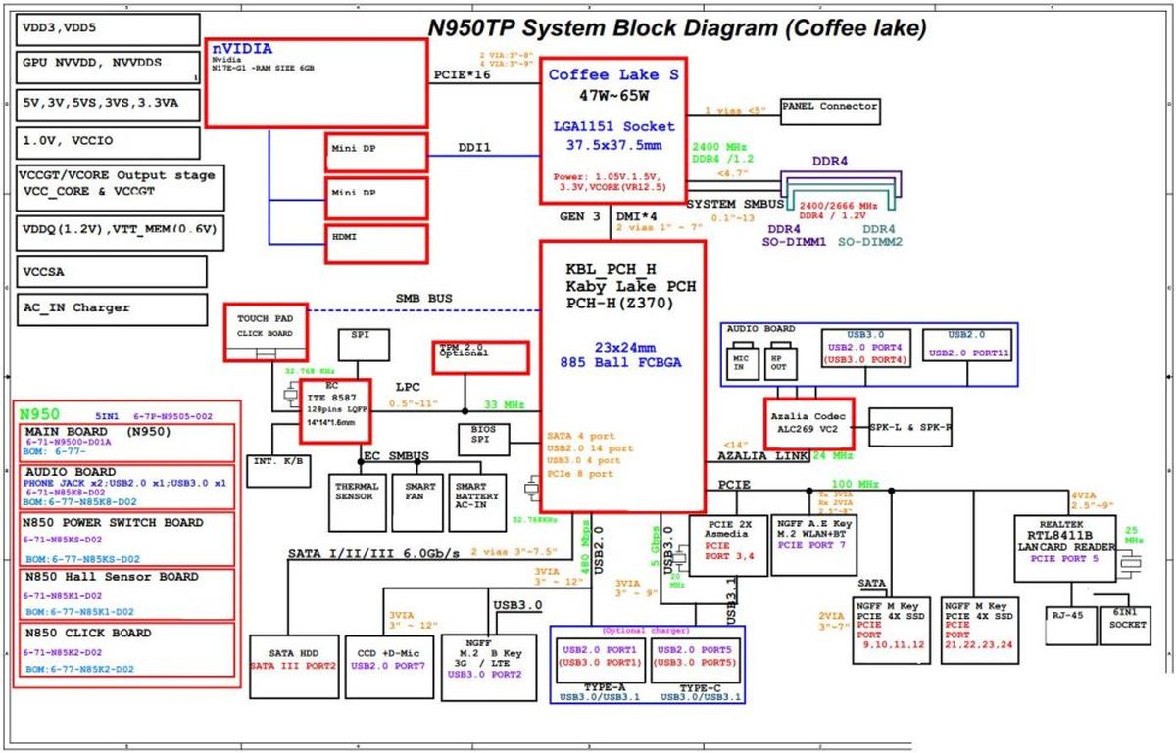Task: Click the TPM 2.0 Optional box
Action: pos(481,356)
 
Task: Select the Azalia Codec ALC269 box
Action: pos(809,423)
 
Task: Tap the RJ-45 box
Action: pos(1068,625)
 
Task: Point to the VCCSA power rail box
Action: pos(113,271)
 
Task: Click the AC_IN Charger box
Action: pos(113,308)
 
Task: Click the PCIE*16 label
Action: pos(463,74)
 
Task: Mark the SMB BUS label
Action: pos(423,297)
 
